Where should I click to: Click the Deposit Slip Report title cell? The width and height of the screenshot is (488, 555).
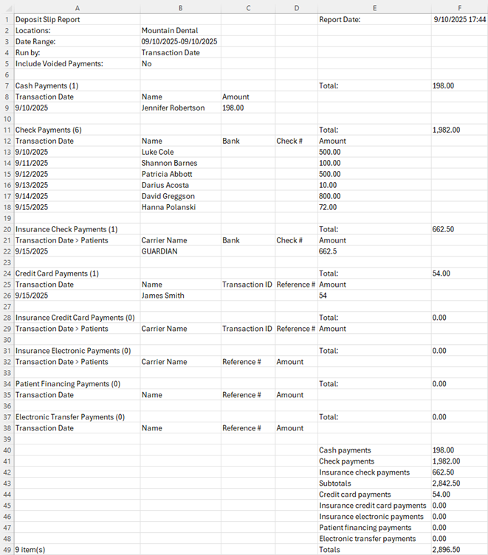(x=47, y=19)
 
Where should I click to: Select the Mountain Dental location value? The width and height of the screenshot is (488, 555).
(x=170, y=31)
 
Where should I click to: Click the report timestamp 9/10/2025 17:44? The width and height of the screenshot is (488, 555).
(x=460, y=19)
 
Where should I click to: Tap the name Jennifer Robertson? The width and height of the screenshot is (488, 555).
(x=173, y=108)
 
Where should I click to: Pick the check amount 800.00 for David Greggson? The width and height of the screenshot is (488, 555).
(x=330, y=196)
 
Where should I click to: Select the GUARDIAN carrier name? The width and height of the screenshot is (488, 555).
(x=159, y=251)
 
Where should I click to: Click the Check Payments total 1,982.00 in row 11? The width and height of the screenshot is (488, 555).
(x=446, y=130)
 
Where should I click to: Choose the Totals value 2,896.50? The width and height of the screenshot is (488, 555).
(x=446, y=550)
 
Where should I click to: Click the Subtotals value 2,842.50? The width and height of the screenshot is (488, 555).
(x=446, y=484)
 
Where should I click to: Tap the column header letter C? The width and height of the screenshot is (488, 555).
(x=247, y=7)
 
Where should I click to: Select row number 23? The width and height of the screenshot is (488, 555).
(x=7, y=262)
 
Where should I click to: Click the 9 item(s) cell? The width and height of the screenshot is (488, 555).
(x=30, y=550)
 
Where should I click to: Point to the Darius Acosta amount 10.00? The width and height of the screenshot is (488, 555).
(x=328, y=185)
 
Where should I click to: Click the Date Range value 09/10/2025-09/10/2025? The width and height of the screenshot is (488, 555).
(x=179, y=42)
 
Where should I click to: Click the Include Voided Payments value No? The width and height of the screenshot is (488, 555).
(x=146, y=63)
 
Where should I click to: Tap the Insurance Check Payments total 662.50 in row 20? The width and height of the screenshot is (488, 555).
(x=443, y=229)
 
